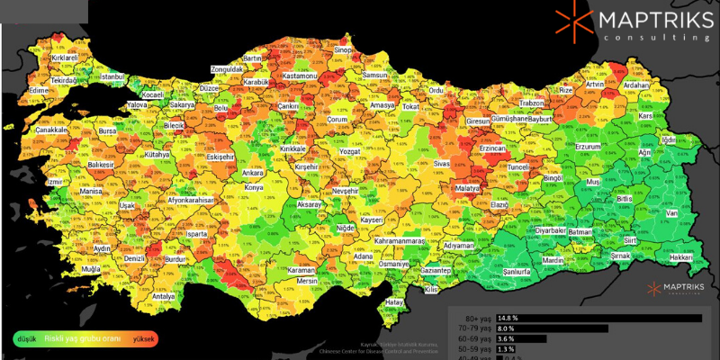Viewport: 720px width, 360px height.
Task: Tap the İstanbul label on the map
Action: coord(112,78)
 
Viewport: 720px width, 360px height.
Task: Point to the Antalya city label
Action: coord(163,296)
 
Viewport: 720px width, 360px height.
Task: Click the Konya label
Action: coord(255,188)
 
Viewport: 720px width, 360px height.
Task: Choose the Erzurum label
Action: coord(588,146)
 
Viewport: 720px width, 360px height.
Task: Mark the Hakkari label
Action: coord(681,257)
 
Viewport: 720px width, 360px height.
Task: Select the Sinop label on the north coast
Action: coord(343,50)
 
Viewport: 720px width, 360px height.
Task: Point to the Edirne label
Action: coord(38,91)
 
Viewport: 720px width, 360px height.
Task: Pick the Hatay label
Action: coord(394,302)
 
